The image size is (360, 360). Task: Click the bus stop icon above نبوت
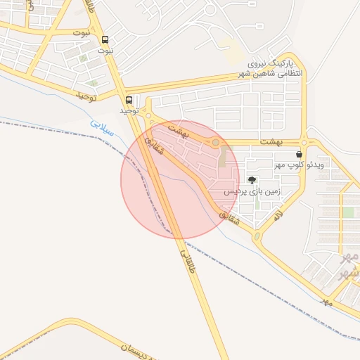pyautogui.click(x=105, y=40)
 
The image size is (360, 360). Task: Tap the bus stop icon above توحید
pyautogui.click(x=129, y=100)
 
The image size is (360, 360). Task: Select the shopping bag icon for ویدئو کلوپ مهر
pyautogui.click(x=300, y=153)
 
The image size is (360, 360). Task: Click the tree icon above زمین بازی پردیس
pyautogui.click(x=252, y=181)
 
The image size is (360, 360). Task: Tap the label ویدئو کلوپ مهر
pyautogui.click(x=299, y=165)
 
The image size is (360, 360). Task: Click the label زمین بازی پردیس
pyautogui.click(x=252, y=191)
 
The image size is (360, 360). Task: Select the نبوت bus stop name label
pyautogui.click(x=105, y=51)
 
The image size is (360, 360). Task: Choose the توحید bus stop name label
pyautogui.click(x=129, y=110)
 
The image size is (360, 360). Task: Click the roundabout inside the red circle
pyautogui.click(x=216, y=143)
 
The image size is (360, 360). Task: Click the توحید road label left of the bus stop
pyautogui.click(x=86, y=94)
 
